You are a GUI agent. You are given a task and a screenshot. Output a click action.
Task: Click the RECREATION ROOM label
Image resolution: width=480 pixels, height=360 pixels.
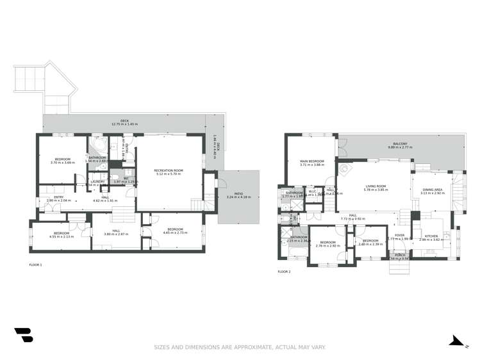coord(169,170)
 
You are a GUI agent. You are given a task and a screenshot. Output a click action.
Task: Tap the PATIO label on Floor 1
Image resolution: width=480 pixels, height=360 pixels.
coord(238,194)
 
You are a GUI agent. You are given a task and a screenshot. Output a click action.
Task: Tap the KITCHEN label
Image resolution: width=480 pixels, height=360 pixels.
coord(431,236)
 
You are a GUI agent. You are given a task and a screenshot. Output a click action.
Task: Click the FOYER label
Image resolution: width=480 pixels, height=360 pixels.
coord(400,235)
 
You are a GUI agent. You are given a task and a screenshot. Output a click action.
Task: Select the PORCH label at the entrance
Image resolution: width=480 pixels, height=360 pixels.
coord(400,255)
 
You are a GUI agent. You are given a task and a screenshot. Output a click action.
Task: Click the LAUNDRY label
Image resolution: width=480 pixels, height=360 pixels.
coord(97,181)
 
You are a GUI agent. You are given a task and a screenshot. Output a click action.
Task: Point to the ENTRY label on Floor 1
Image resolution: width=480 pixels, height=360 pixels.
coord(58,197)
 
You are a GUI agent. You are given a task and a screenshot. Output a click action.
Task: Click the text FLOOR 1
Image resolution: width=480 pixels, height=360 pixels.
coord(35,265)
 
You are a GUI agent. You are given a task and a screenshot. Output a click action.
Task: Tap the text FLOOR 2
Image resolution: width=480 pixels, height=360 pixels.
coord(284,272)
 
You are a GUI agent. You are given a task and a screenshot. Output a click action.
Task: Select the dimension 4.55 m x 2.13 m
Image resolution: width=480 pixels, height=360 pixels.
coord(62,236)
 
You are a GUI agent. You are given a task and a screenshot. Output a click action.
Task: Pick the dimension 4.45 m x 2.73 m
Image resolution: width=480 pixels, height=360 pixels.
coord(176,233)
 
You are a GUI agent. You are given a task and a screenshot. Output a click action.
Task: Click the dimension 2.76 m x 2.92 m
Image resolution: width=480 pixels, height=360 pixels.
coord(327,245)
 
